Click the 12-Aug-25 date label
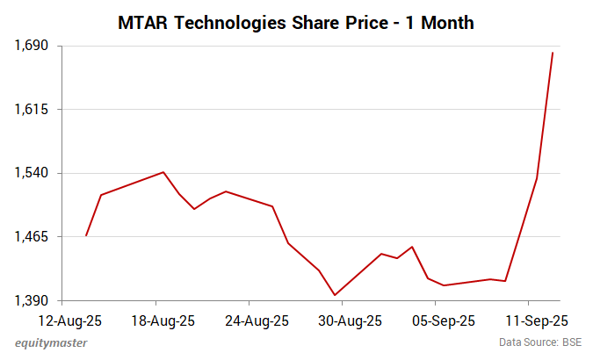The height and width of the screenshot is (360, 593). coord(71,320)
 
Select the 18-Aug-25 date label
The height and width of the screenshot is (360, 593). coord(163,320)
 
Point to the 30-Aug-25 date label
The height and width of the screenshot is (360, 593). coord(351,320)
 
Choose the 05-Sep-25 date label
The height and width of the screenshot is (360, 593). coord(445,320)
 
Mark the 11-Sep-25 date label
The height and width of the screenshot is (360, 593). coord(538,320)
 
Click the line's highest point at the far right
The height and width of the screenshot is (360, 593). coord(553,53)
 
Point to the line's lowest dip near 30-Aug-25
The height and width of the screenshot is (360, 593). coord(335,295)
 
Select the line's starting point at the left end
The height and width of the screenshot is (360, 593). coord(86,235)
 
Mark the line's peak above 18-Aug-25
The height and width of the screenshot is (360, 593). coord(163,172)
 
